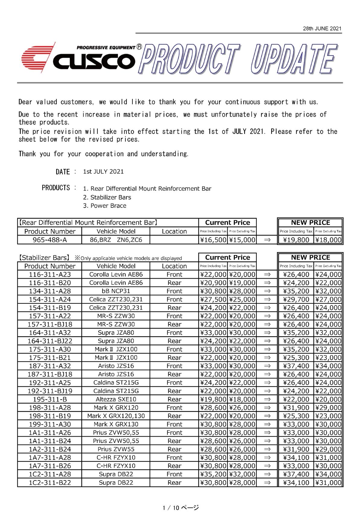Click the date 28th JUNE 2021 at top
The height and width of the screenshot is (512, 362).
pos(322,29)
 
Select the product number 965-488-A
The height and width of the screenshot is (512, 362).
pos(49,240)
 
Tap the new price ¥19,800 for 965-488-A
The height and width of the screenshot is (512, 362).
pos(296,240)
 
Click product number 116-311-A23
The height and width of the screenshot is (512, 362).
pos(49,274)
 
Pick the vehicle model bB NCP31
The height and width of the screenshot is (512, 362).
pos(116,291)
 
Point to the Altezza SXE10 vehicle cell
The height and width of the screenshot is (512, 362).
pos(116,399)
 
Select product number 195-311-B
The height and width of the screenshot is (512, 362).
pos(49,399)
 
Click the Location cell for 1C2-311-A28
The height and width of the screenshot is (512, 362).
pos(174,474)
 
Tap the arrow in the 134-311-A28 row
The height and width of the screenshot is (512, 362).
pos(267,291)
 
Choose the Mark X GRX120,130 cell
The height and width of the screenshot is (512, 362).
pos(116,416)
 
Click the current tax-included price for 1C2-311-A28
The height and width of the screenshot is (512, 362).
pos(213,474)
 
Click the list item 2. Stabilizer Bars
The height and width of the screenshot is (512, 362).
pos(107,197)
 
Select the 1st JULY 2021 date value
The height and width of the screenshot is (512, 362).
pos(103,172)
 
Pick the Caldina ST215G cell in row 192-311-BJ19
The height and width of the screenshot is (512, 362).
pos(116,391)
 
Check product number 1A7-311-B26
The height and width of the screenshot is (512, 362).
pos(49,466)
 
